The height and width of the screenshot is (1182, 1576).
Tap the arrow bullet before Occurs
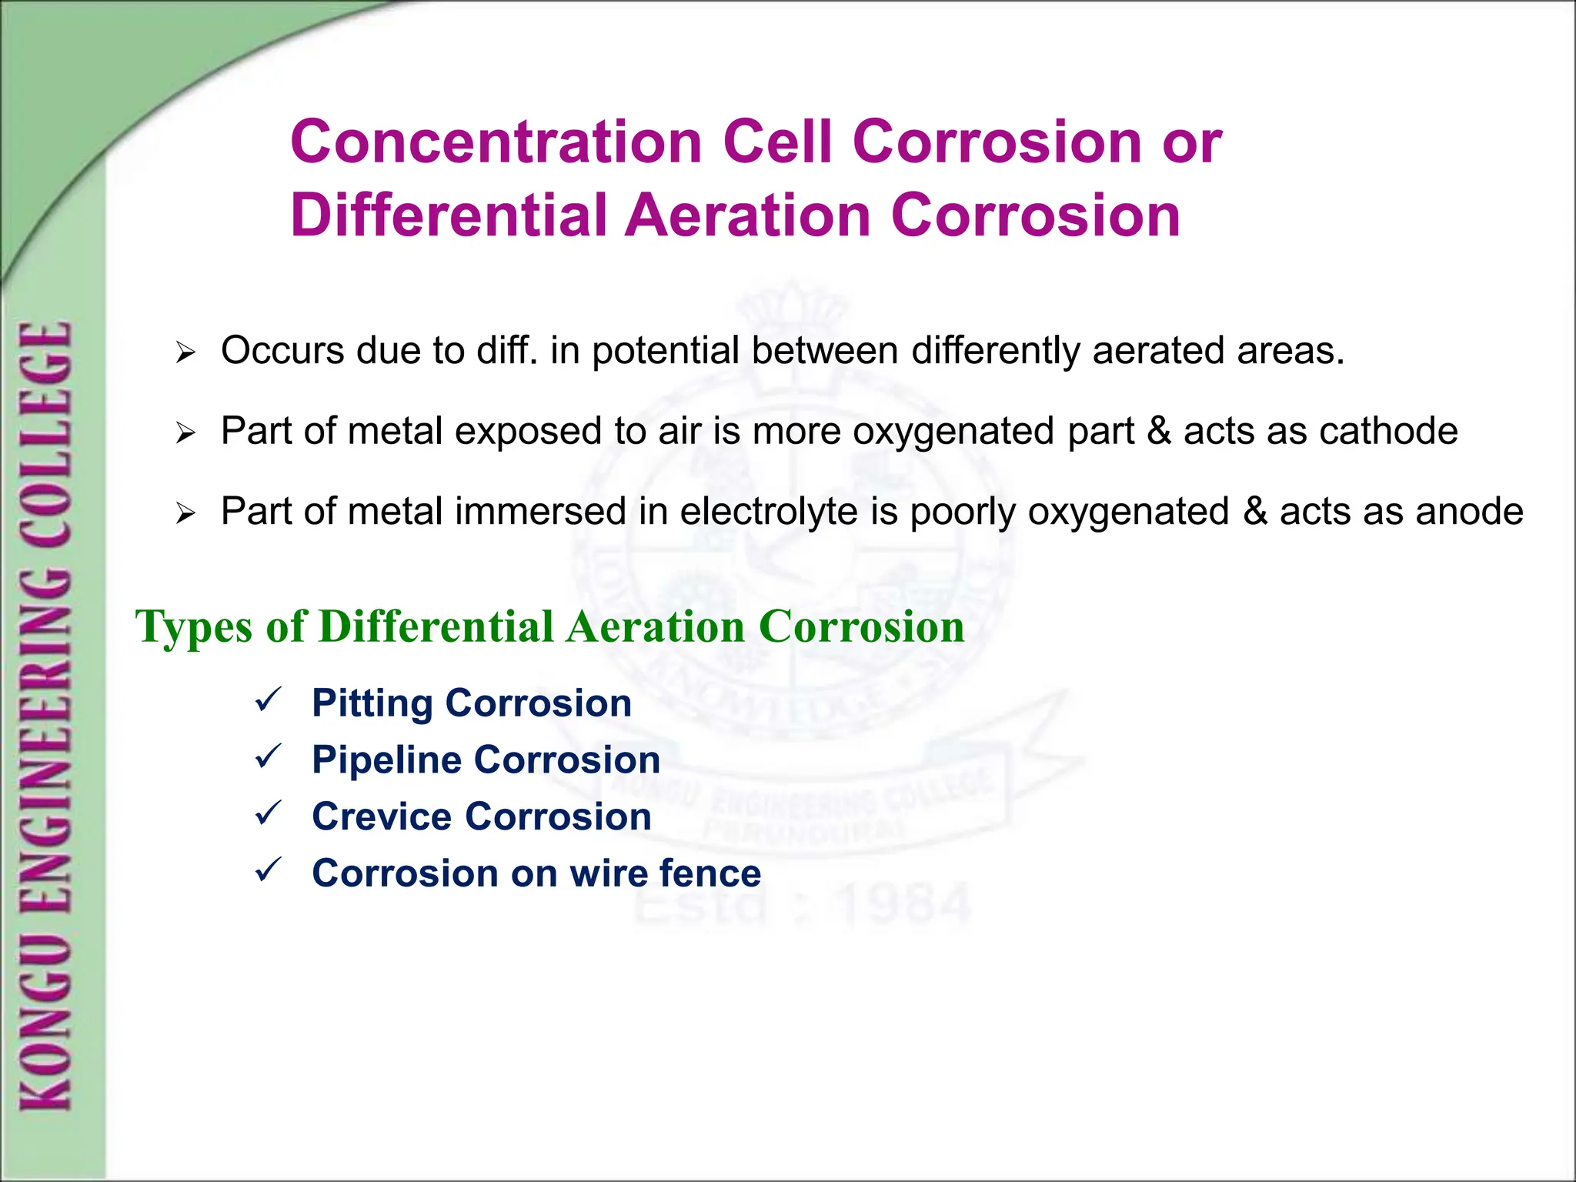pyautogui.click(x=185, y=354)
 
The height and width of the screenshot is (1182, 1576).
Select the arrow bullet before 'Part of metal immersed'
pyautogui.click(x=185, y=514)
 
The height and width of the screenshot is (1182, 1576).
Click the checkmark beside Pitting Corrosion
pyautogui.click(x=269, y=700)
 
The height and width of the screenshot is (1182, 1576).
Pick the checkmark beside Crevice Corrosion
pyautogui.click(x=269, y=813)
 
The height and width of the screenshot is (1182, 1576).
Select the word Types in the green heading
pyautogui.click(x=194, y=626)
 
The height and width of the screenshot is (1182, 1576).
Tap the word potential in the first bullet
pyautogui.click(x=666, y=352)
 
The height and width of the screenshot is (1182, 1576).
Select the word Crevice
pyautogui.click(x=382, y=816)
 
